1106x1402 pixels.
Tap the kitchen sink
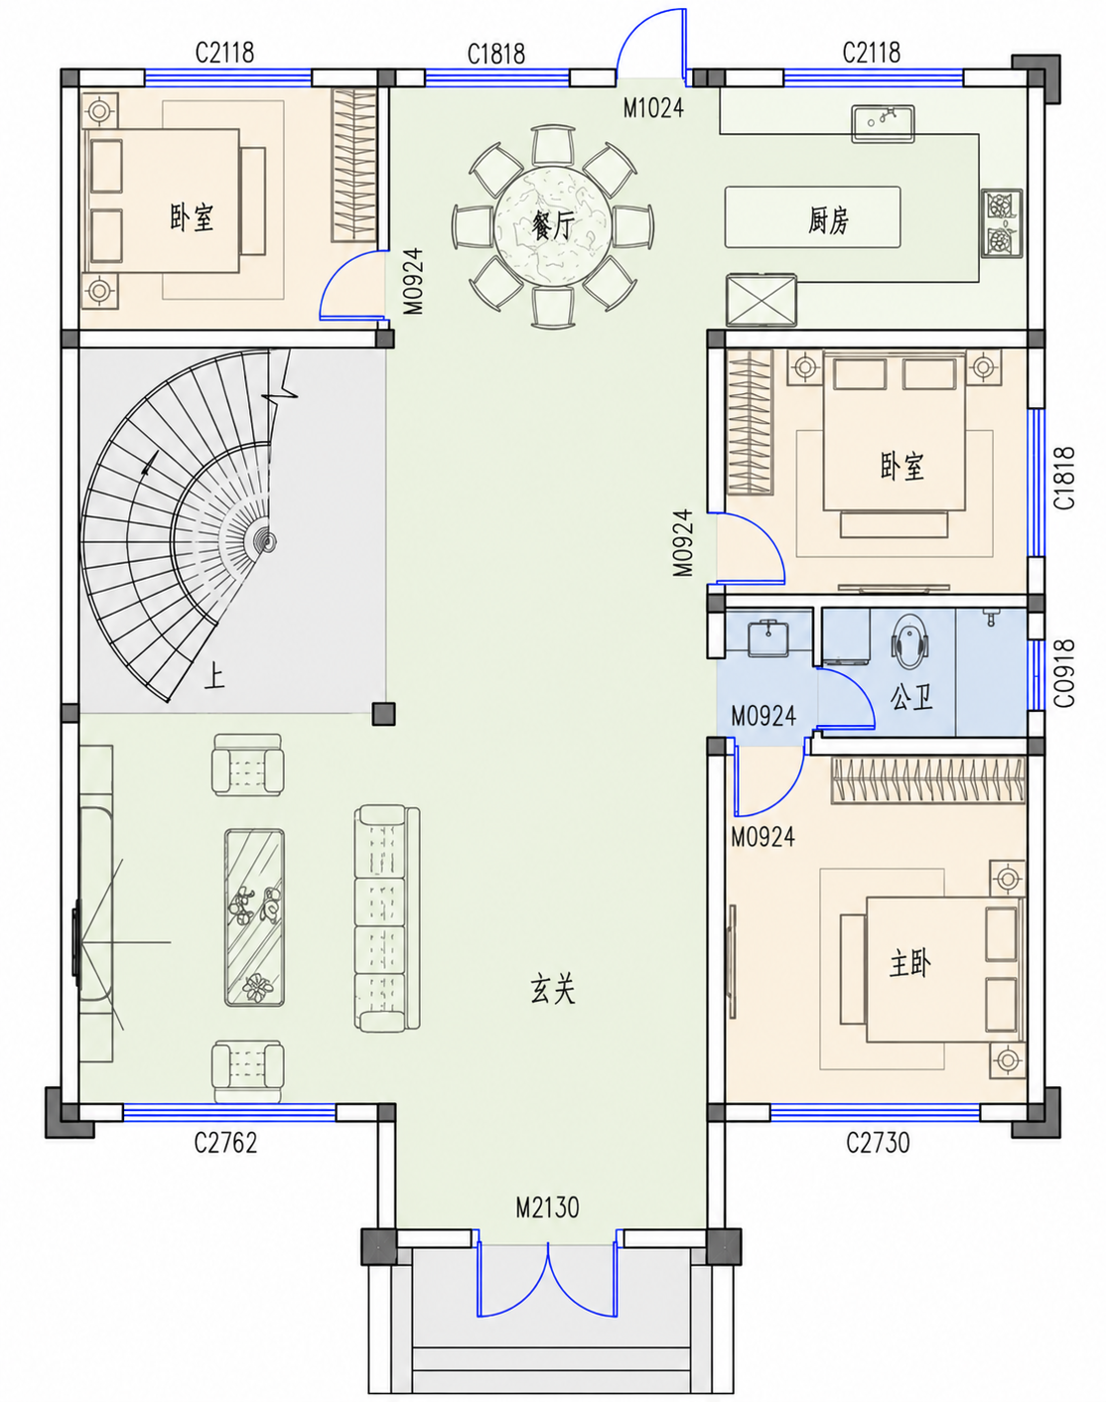pos(883,123)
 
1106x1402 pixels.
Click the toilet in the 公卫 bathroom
pos(910,641)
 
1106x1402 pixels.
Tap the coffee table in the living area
pos(254,917)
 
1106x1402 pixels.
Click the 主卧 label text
pos(909,963)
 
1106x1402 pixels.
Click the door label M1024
pos(653,107)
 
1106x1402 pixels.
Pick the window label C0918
pos(1063,672)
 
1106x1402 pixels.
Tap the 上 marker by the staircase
pos(213,675)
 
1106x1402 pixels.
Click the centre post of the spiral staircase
pos(266,540)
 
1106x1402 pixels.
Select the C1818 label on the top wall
pos(495,54)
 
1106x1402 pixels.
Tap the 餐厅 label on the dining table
pos(553,226)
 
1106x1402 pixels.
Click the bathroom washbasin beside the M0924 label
pos(768,637)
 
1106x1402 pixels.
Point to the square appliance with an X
pos(761,300)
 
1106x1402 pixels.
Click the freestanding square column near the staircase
pos(383,713)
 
